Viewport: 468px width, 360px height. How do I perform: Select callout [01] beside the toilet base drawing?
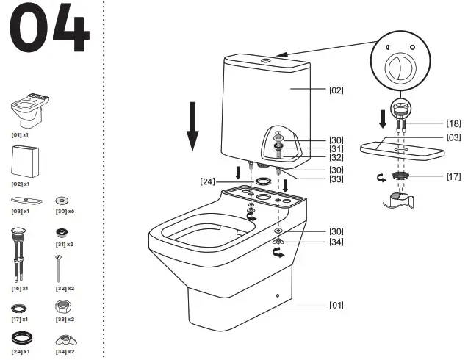coord(336,305)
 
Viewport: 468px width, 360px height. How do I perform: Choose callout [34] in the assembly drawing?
coord(336,242)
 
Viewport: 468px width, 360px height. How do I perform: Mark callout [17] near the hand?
coord(453,176)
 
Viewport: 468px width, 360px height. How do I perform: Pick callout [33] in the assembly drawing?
coord(336,179)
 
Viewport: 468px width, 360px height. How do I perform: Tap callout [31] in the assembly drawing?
coord(336,148)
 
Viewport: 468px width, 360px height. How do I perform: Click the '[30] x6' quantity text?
coord(65,211)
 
